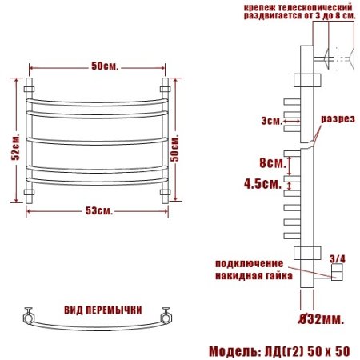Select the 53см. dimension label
coord(99,211)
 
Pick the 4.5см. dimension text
coord(263,183)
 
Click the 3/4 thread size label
coord(337,258)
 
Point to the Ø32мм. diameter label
coord(322,319)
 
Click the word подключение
coord(249,263)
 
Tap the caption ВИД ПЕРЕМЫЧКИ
coord(103,310)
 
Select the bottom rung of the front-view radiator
coord(98,182)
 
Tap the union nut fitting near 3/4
coord(336,274)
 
